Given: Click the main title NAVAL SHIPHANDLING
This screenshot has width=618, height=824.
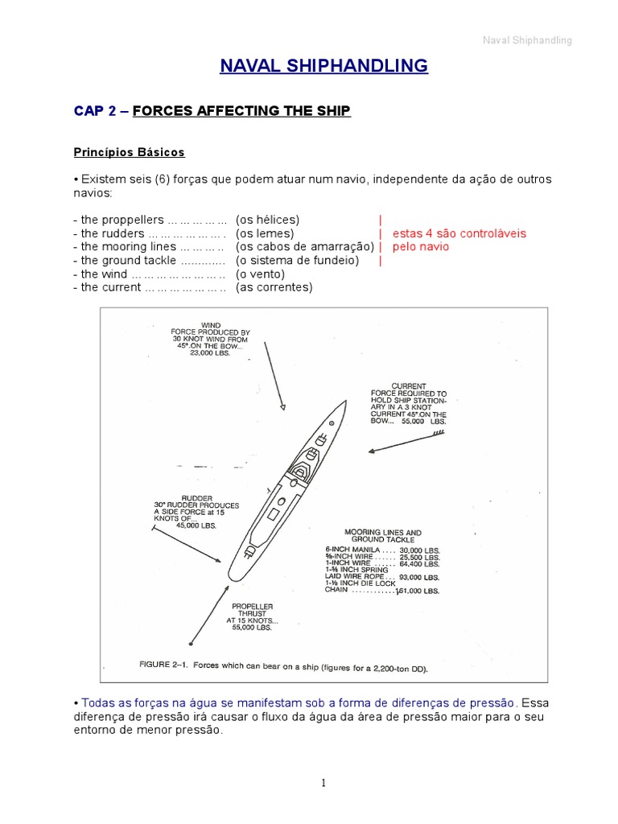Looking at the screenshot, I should pyautogui.click(x=324, y=66).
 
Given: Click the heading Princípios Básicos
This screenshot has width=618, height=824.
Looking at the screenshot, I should pyautogui.click(x=129, y=152).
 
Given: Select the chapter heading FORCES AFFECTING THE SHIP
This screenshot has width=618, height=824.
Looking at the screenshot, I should pyautogui.click(x=241, y=111).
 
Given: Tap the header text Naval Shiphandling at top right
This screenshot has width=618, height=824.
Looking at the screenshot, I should pyautogui.click(x=527, y=41).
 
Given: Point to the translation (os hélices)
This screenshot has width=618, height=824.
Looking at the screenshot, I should pyautogui.click(x=267, y=220).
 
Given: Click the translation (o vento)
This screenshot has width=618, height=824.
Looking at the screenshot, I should pyautogui.click(x=260, y=274).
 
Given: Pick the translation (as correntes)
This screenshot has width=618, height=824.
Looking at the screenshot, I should pyautogui.click(x=274, y=287).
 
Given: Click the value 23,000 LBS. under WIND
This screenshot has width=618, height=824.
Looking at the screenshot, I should pyautogui.click(x=210, y=354).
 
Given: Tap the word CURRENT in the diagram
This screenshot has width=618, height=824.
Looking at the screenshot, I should pyautogui.click(x=408, y=386).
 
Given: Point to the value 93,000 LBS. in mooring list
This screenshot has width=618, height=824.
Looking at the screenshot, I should pyautogui.click(x=419, y=578).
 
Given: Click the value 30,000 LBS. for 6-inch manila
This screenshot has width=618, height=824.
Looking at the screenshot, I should pyautogui.click(x=419, y=550).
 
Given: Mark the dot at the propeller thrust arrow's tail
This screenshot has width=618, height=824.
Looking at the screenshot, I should pyautogui.click(x=191, y=643).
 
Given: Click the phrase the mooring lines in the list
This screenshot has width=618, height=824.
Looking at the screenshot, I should pyautogui.click(x=117, y=247).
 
